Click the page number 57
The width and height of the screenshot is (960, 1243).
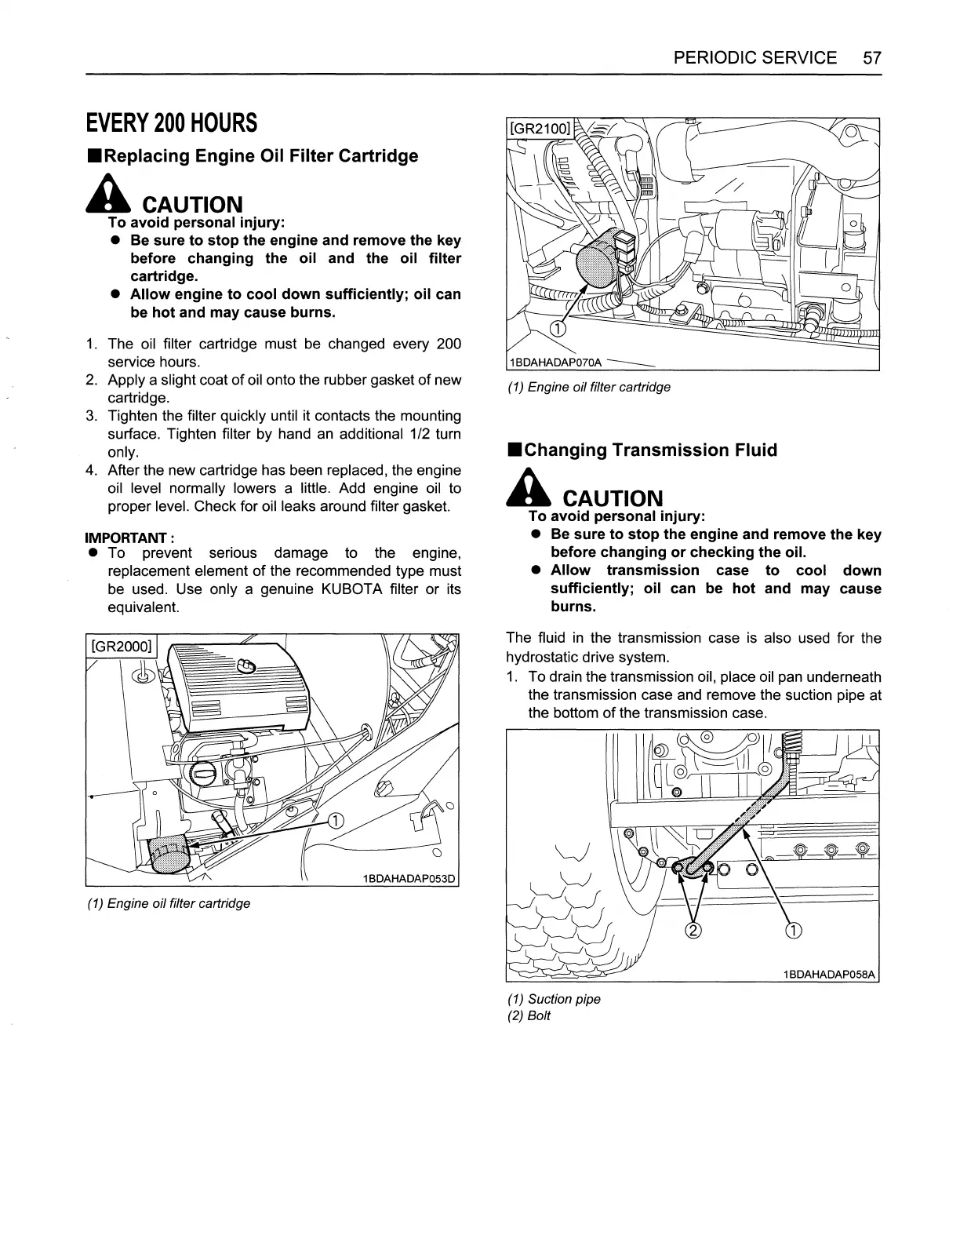pos(871,58)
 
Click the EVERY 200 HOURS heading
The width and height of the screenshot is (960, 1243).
pos(171,123)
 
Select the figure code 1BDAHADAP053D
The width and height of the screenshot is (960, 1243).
pos(409,878)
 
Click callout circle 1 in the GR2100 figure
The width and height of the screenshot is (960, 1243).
pos(556,328)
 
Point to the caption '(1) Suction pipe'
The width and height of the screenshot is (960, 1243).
pos(554,999)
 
